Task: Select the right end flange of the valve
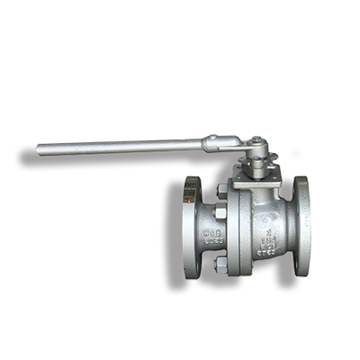click(303, 229)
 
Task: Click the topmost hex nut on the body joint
click(220, 192)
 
